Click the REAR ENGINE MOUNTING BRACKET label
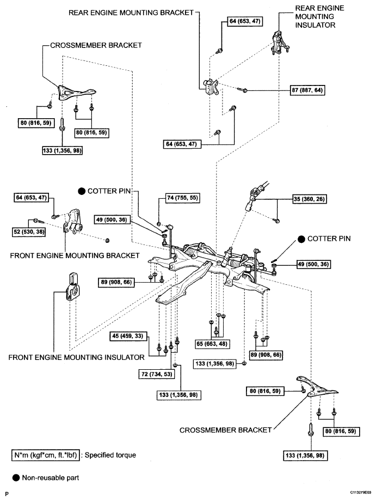pos(131,13)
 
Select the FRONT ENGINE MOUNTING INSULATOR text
pos(77,357)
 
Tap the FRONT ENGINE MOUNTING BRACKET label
pos(75,255)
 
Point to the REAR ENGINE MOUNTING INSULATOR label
pos(319,17)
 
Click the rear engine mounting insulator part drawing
pos(280,42)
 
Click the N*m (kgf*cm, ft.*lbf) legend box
pos(46,455)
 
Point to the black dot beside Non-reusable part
pos(16,478)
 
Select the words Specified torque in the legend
pos(110,455)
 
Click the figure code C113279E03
pos(361,492)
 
